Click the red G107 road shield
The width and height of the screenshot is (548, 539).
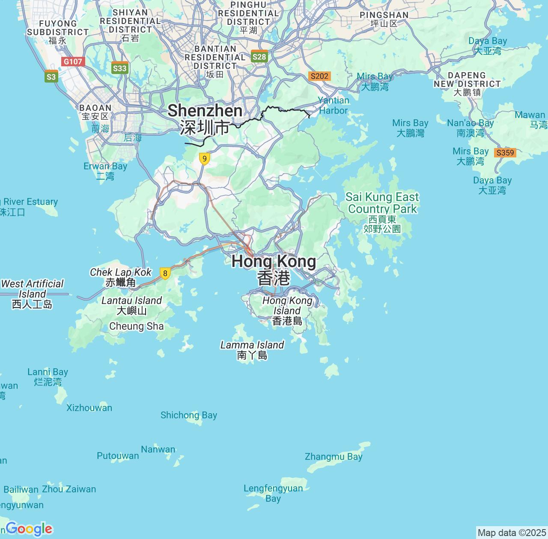tap(73, 62)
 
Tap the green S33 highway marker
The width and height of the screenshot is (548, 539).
tap(119, 68)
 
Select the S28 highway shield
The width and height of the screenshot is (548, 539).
tap(259, 57)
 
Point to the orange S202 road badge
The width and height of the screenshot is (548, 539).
tap(319, 76)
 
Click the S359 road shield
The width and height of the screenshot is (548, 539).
tap(505, 153)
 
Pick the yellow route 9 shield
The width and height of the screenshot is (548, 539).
tap(205, 159)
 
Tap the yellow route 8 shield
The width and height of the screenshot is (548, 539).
tap(165, 273)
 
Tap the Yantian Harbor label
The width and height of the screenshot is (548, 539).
tap(334, 105)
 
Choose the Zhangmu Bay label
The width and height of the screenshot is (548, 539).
tap(334, 456)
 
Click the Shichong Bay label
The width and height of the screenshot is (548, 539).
tap(189, 415)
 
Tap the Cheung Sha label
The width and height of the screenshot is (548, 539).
tap(137, 326)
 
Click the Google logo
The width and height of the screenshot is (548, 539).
tap(29, 529)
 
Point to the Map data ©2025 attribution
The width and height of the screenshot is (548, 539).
tap(511, 533)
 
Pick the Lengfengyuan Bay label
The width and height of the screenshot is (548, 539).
tap(273, 493)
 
